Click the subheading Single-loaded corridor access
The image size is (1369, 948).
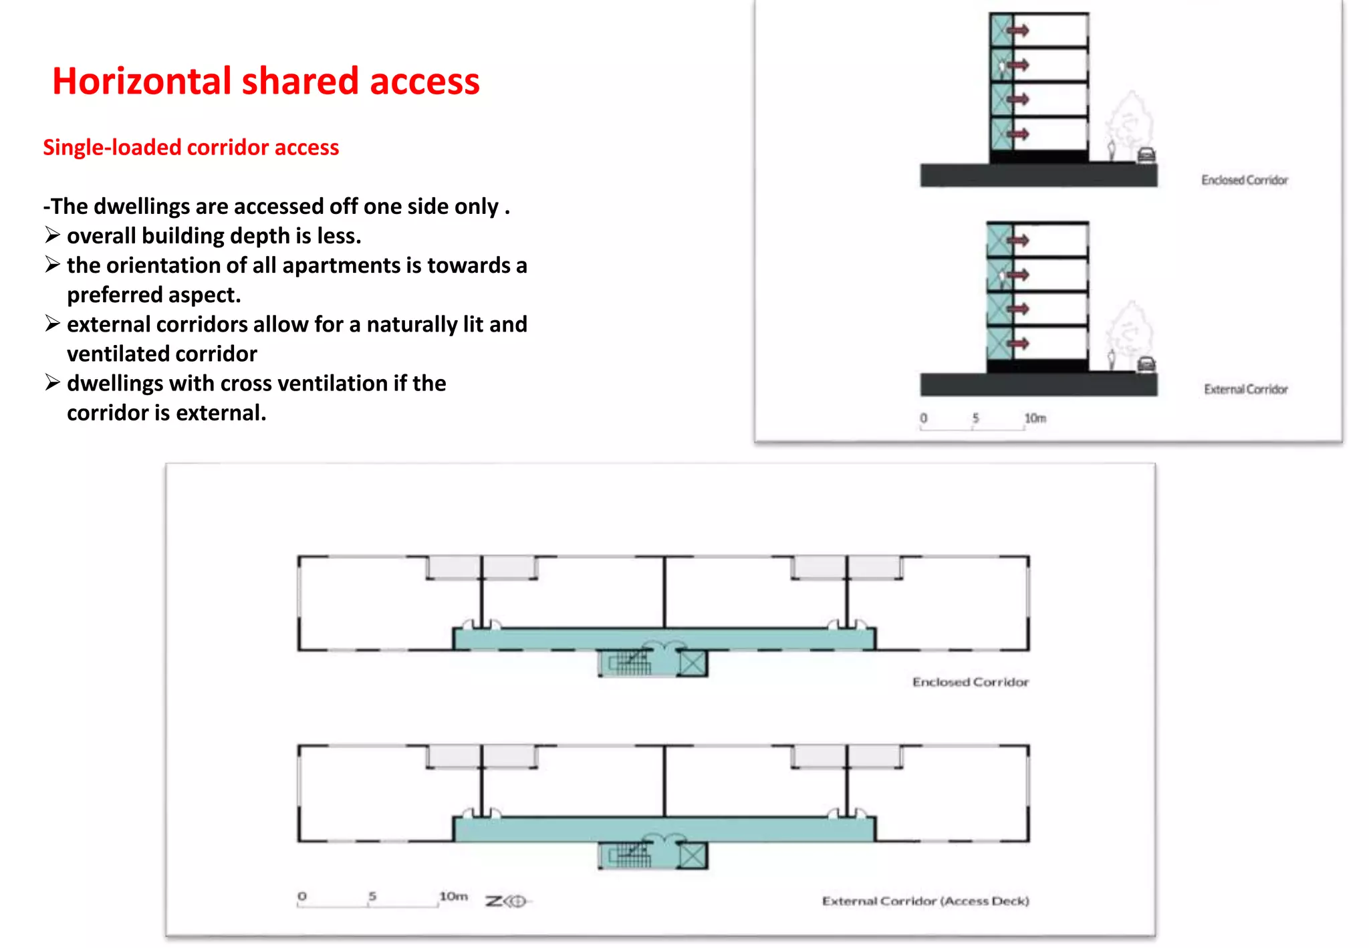[191, 147]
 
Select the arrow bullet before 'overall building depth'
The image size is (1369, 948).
[53, 235]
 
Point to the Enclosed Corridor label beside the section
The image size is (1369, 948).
[1244, 180]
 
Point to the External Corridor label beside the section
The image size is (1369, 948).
[1245, 389]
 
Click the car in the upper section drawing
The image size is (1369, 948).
[1146, 155]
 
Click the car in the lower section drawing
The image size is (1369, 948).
[1146, 364]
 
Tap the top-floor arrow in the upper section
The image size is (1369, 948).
[1018, 31]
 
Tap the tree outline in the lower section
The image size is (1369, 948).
[1129, 331]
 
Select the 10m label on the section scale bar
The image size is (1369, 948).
[1035, 418]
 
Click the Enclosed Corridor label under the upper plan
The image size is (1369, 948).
[970, 682]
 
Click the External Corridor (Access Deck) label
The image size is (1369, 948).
[925, 901]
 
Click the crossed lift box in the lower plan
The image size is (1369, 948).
[693, 855]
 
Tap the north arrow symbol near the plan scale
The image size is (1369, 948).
[508, 901]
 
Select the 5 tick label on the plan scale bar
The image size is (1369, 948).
[372, 896]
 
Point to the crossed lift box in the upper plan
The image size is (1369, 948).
[693, 663]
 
